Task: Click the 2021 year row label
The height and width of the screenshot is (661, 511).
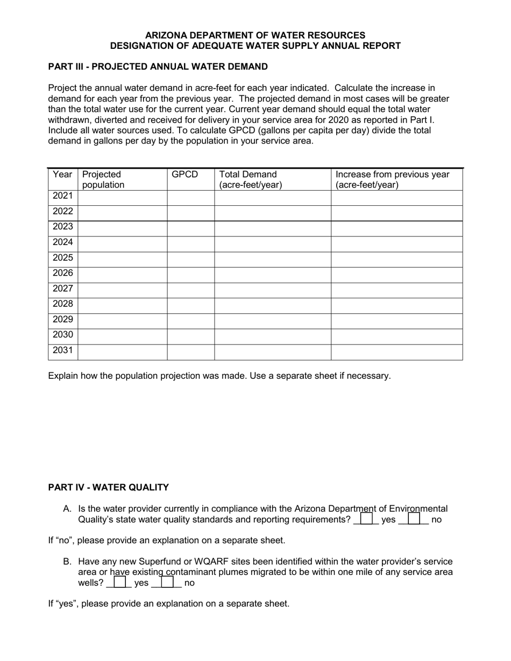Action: point(62,196)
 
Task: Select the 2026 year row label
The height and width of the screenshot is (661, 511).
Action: point(62,273)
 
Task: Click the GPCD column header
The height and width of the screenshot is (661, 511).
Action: point(184,175)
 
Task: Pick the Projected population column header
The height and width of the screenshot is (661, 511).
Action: point(102,179)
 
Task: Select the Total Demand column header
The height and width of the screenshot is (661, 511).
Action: point(250,179)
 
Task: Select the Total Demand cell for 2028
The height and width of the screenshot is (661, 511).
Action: point(272,305)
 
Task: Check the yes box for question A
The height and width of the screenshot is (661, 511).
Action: point(366,519)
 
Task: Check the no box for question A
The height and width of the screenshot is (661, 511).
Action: point(414,519)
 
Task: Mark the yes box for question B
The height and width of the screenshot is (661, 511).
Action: point(119,582)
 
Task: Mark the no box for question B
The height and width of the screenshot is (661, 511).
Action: point(167,582)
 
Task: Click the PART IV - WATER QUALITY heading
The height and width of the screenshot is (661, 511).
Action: point(109,487)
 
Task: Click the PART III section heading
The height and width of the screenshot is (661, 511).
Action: point(158,67)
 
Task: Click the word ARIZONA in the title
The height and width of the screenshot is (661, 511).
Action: point(165,35)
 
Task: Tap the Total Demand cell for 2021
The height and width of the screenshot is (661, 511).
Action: point(272,197)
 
